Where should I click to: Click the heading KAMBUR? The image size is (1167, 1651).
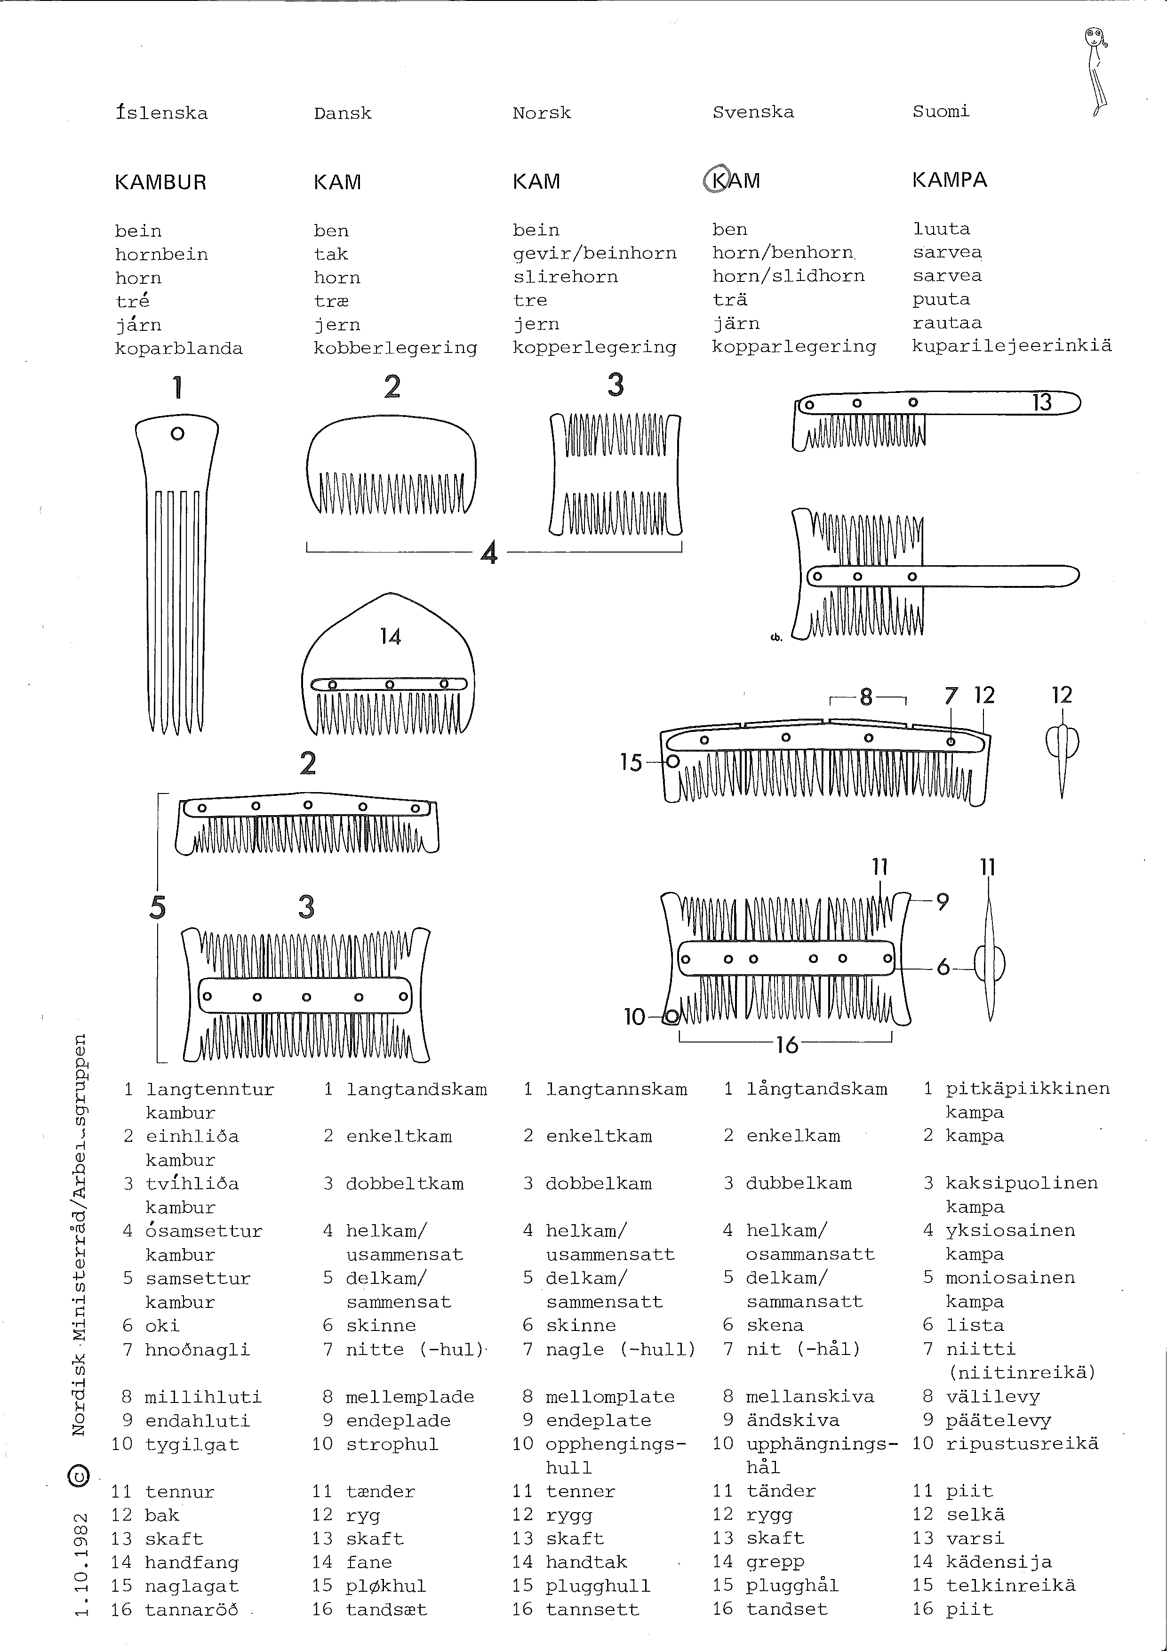160,183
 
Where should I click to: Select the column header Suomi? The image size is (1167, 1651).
941,112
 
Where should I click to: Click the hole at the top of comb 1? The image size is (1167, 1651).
177,433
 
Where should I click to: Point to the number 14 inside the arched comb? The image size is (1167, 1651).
391,636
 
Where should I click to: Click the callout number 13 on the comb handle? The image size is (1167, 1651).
1042,403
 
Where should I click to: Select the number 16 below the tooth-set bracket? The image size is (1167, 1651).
787,1045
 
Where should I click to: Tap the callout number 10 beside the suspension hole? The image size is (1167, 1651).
635,1017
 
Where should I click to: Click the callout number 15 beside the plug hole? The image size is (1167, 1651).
631,762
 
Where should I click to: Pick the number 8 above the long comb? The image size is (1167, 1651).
866,697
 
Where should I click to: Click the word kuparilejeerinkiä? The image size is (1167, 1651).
1012,346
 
